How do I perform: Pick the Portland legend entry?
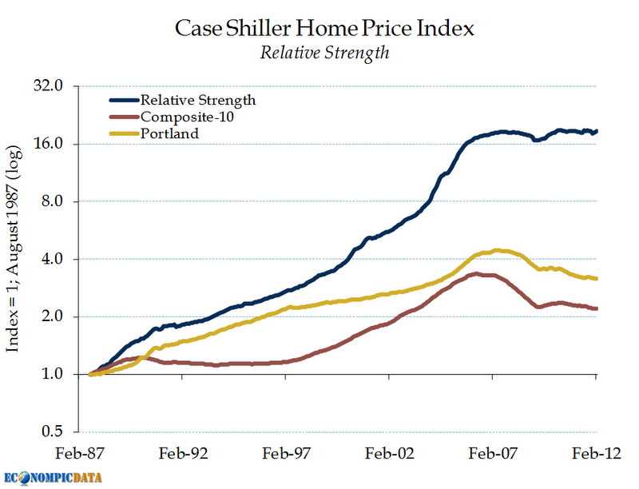coord(169,133)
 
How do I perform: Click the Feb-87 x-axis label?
coord(86,452)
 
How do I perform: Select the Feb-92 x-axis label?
coord(185,452)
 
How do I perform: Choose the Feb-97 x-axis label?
coord(288,452)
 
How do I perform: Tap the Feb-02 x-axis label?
coord(390,452)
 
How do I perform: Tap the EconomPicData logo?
coord(51,477)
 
